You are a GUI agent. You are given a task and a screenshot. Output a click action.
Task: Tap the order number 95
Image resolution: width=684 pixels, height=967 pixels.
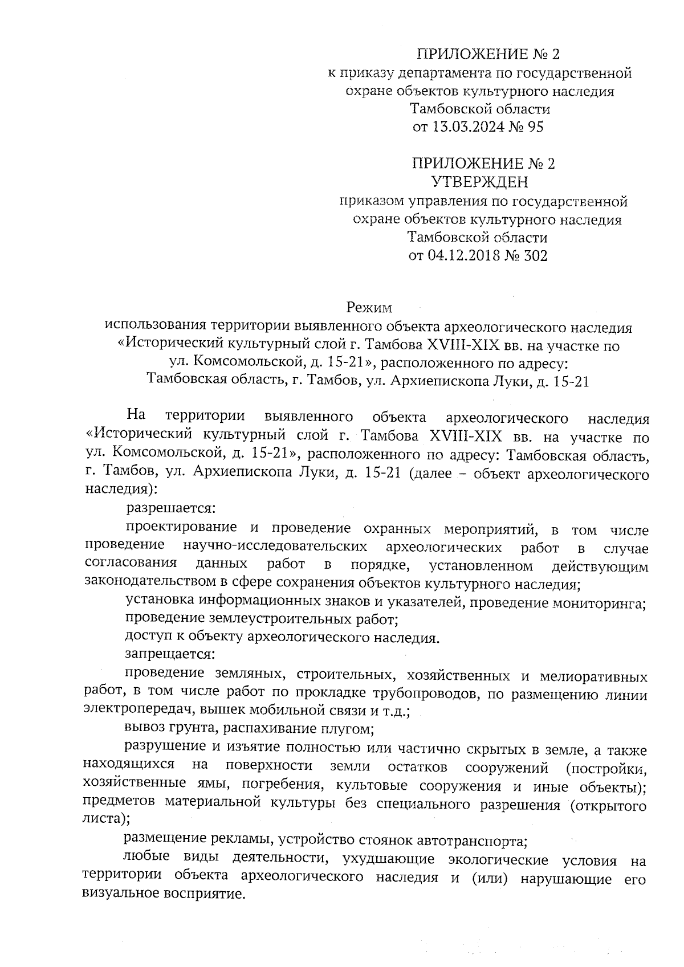(x=536, y=127)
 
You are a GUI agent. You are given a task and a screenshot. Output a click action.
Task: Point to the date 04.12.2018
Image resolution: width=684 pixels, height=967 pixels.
(x=462, y=256)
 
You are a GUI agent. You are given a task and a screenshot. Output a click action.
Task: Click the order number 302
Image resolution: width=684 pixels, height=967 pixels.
(x=536, y=256)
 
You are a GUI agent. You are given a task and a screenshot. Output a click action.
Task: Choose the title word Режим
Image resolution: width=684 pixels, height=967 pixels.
(x=369, y=308)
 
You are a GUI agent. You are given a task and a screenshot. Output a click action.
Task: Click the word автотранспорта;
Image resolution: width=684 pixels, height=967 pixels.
(x=468, y=840)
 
